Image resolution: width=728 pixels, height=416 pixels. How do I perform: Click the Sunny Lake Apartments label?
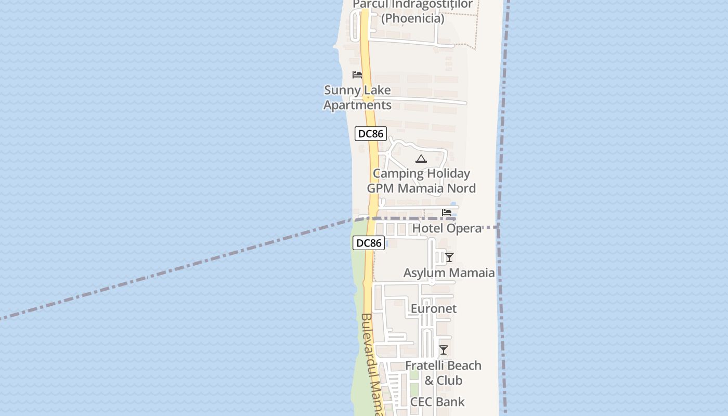tap(357, 97)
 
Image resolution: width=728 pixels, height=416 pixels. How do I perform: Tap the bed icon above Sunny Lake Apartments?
tap(357, 75)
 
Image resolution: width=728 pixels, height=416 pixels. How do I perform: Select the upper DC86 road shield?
tap(371, 134)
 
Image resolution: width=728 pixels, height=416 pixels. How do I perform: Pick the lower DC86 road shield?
tap(369, 243)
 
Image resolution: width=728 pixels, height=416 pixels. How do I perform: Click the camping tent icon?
tap(421, 159)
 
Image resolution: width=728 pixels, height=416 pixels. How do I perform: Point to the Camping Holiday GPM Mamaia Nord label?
tap(421, 181)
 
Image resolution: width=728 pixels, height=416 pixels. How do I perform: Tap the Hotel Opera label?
tap(447, 228)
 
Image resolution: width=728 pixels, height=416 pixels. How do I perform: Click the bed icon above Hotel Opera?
tap(447, 213)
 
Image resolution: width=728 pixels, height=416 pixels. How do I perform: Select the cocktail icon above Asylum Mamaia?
tap(449, 257)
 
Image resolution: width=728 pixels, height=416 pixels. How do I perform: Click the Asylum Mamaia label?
tap(449, 272)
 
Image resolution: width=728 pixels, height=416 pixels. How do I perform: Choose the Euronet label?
tap(434, 308)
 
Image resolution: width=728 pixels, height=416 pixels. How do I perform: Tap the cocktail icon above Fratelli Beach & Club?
tap(444, 350)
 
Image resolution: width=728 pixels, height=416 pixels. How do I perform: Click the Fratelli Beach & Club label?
tap(444, 373)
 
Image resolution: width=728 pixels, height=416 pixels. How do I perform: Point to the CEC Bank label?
tap(437, 401)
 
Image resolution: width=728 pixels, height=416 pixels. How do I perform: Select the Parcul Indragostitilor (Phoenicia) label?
tap(413, 11)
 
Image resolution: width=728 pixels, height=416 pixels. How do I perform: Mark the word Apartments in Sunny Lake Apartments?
tap(357, 105)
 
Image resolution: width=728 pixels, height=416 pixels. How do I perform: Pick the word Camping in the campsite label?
tap(396, 174)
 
